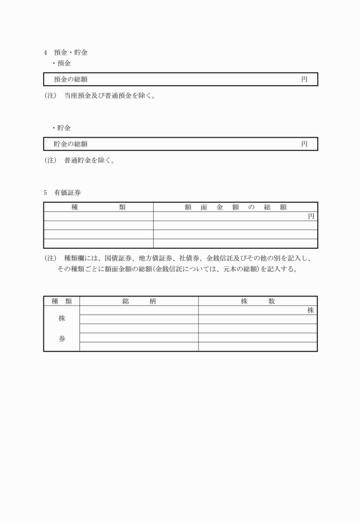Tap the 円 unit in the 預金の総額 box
click(305, 79)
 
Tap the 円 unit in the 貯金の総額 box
click(305, 144)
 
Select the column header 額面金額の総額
click(235, 207)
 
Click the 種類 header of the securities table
click(98, 207)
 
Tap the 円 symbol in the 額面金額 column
click(311, 216)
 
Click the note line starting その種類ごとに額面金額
click(177, 269)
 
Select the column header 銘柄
click(139, 301)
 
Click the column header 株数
click(258, 301)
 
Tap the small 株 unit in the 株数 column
click(311, 310)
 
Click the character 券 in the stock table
click(62, 338)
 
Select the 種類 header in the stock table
click(62, 301)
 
